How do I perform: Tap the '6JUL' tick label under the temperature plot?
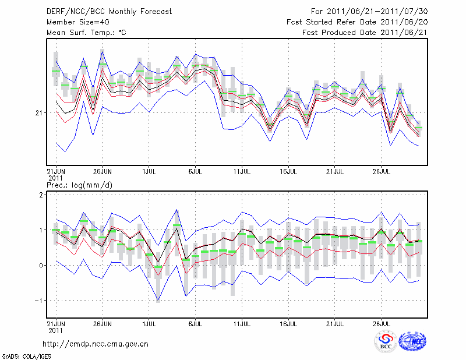pos(195,172)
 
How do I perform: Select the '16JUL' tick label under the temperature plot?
pos(288,172)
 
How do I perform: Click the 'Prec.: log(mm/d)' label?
pos(79,185)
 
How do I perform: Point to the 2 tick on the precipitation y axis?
pos(41,195)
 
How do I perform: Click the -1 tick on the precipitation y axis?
pos(40,301)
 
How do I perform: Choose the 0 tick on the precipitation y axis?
pos(41,266)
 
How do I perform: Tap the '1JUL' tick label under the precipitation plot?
pos(149,324)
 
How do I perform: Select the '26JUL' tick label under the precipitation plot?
pos(382,324)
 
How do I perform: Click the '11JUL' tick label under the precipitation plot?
pos(242,324)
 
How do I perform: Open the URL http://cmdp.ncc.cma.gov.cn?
pos(96,344)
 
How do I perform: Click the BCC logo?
pos(385,343)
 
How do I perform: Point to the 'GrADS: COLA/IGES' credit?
pos(19,355)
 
